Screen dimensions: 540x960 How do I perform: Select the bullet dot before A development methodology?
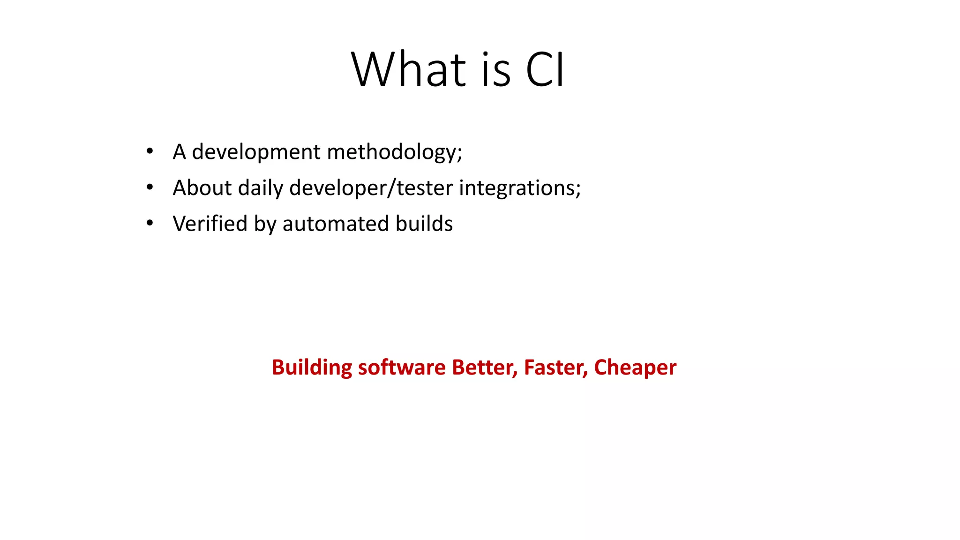tap(150, 151)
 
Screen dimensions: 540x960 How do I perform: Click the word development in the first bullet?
tap(256, 152)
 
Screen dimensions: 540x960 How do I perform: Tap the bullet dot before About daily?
tap(150, 187)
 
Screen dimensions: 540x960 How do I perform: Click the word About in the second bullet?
tap(202, 187)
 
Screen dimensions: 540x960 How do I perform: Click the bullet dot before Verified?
tap(150, 223)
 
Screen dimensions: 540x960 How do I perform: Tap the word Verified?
tap(210, 224)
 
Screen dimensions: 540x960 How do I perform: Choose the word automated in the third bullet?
tap(336, 224)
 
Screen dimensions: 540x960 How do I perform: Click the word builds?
tap(424, 224)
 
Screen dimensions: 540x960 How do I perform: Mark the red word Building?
tap(312, 367)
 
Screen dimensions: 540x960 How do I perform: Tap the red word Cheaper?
tap(635, 367)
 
